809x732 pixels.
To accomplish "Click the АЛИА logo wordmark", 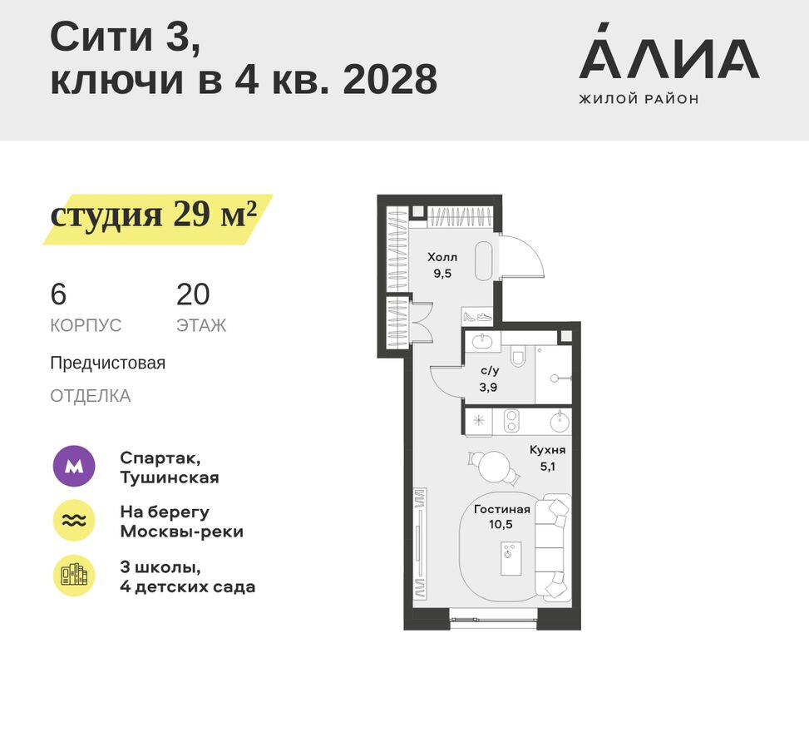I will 668,59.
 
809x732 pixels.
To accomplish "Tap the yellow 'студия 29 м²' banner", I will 156,215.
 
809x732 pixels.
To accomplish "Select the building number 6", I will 58,294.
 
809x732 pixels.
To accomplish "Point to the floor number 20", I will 193,294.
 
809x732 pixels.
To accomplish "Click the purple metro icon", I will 74,467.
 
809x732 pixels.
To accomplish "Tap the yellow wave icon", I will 74,521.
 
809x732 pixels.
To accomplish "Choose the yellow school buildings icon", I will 74,575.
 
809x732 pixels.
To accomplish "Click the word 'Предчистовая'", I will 107,364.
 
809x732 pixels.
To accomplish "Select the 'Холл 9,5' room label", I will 442,265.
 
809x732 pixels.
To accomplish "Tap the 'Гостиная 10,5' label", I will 501,517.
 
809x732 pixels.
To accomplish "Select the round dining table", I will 496,465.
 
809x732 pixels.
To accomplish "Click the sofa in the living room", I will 553,548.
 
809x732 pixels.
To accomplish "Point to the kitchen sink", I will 560,421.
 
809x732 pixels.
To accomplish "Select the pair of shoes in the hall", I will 477,317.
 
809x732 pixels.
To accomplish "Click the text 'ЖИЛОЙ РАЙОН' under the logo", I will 639,99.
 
